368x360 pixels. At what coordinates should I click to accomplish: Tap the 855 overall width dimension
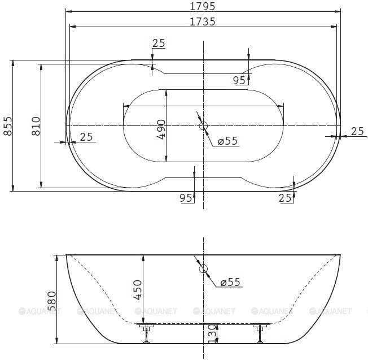tap(7, 126)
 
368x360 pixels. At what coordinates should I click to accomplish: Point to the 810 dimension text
tap(36, 125)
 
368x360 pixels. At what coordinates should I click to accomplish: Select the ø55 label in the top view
tap(227, 141)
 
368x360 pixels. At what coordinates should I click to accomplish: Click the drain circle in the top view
tap(204, 125)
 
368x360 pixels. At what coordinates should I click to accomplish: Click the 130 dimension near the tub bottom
tap(212, 333)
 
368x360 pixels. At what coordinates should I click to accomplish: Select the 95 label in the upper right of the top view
tap(239, 80)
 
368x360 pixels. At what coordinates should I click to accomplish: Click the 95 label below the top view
tap(186, 198)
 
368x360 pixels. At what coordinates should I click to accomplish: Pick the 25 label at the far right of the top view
tap(357, 131)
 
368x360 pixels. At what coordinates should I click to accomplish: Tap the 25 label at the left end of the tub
tap(86, 136)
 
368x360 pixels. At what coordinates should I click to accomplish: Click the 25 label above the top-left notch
tap(159, 44)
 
